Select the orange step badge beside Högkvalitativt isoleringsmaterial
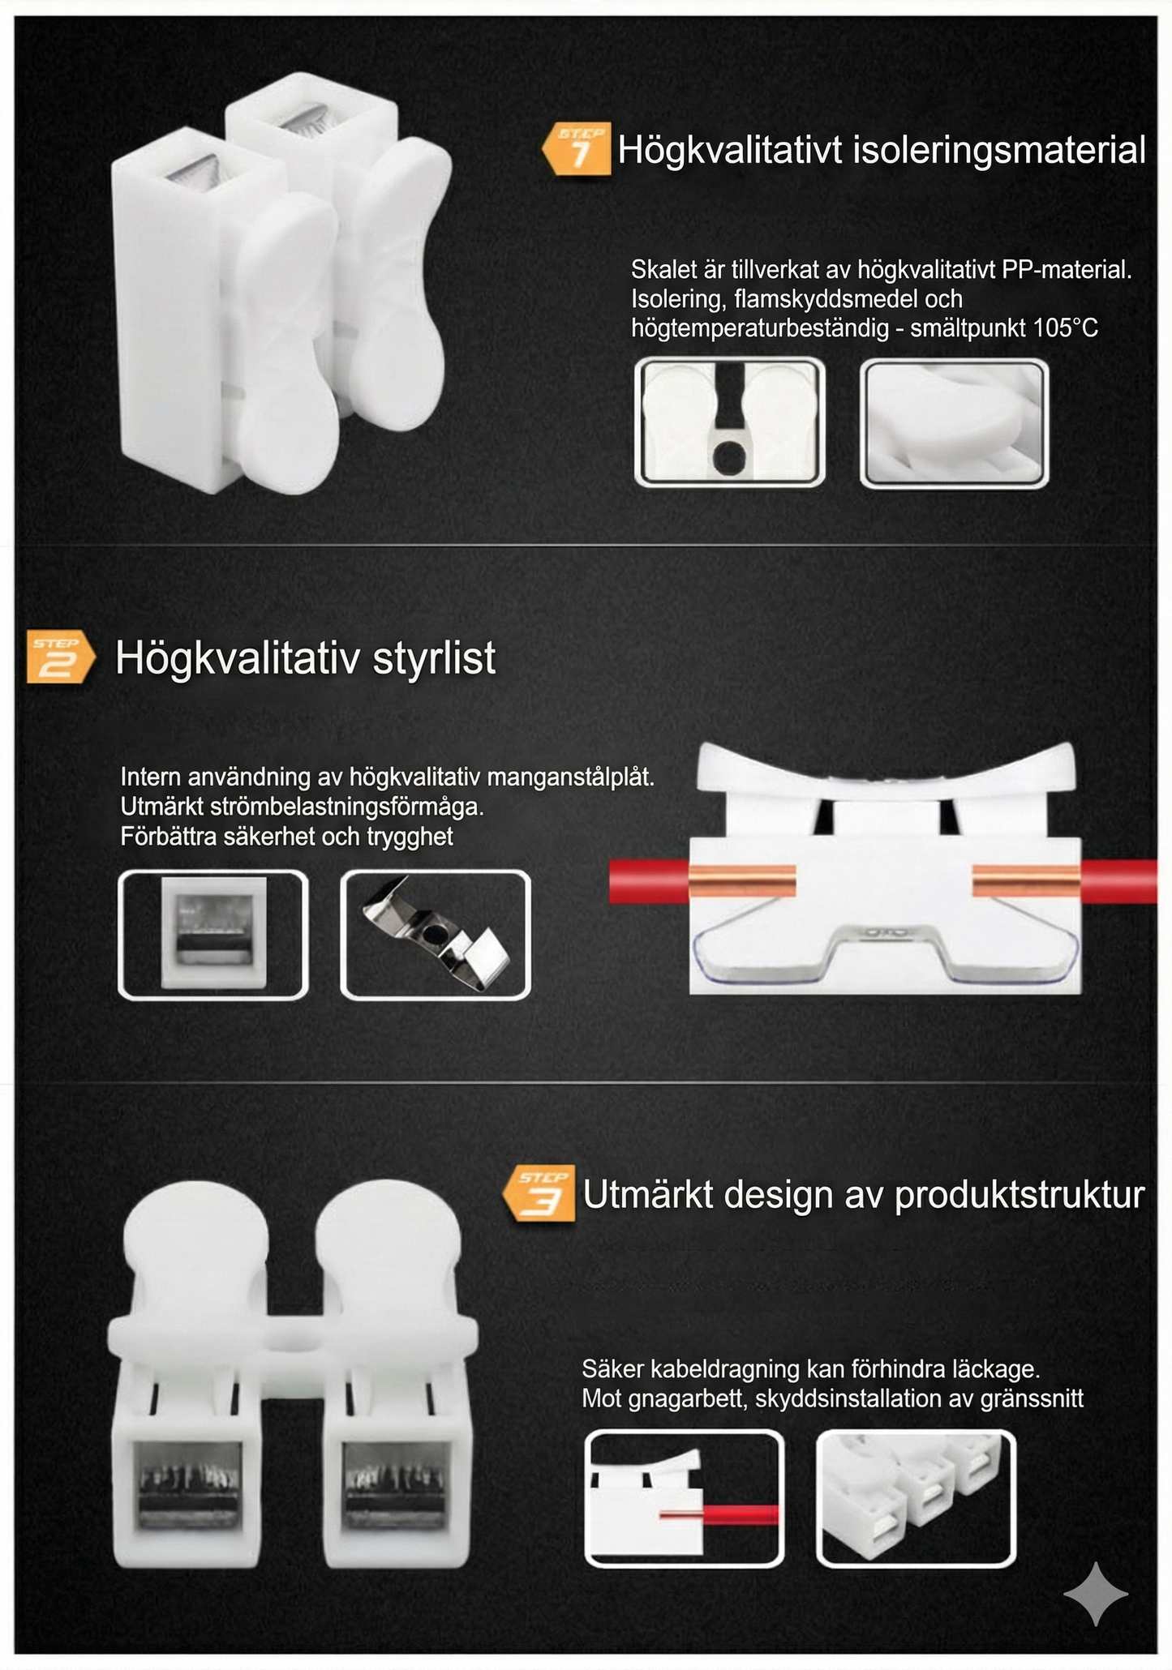[x=577, y=149]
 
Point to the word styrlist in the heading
[x=434, y=657]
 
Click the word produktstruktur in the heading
[x=1020, y=1195]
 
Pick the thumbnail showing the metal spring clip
[x=436, y=934]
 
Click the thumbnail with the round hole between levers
[x=729, y=422]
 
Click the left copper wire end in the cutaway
[x=742, y=881]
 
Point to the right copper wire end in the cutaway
[x=1025, y=881]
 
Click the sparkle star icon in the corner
[x=1095, y=1594]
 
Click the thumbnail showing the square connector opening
[x=213, y=934]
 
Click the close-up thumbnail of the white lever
[x=954, y=422]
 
